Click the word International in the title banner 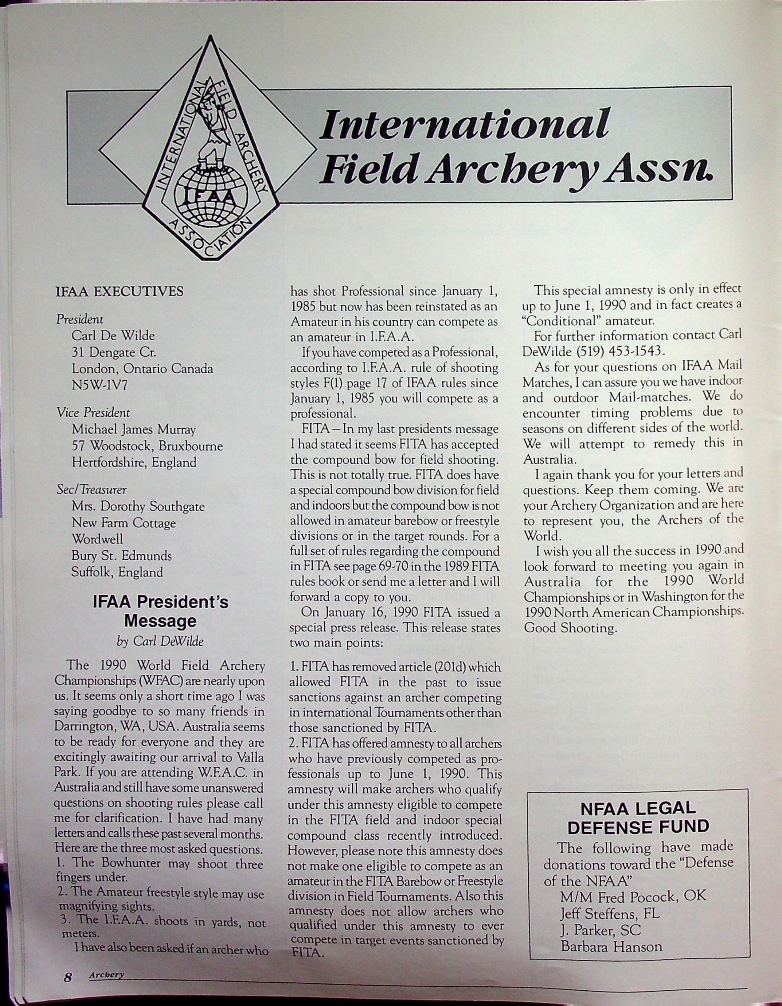(x=464, y=123)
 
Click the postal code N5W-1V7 (x=99, y=385)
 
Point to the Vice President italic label (x=93, y=413)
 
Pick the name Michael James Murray (x=134, y=429)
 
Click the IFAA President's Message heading (x=160, y=612)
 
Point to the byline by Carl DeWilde (x=160, y=641)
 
